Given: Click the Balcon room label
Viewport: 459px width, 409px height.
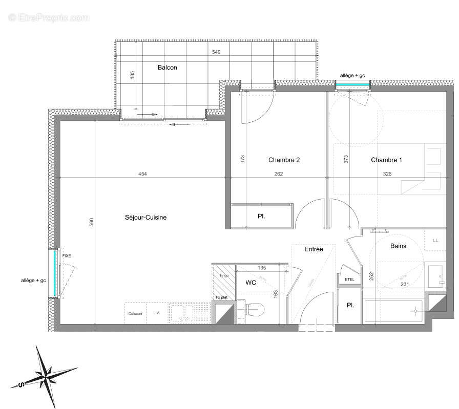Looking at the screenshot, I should coord(168,68).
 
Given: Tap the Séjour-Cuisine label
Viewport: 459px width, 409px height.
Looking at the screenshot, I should coord(145,218).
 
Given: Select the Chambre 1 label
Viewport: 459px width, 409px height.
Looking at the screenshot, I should coord(386,160).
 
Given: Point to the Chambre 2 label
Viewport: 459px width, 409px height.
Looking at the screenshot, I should coord(284,160).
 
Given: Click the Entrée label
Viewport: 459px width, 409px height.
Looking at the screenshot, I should coord(314,249).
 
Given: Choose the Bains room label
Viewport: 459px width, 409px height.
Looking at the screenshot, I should coord(398,246).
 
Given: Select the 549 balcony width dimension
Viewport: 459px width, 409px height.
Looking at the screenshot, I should coord(217,53).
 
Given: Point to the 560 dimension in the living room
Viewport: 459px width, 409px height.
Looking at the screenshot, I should coord(92,222).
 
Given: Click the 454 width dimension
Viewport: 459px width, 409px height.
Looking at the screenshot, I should coord(142,174).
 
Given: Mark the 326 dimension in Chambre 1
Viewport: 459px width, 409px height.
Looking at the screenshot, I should coord(387,174).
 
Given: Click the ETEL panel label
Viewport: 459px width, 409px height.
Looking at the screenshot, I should coord(350,279).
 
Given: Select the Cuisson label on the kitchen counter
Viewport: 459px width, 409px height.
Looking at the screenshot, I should coord(135,313).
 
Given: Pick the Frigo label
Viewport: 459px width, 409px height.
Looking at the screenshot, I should coord(224,275).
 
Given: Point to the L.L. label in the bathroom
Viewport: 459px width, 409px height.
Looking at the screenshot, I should coord(436,240).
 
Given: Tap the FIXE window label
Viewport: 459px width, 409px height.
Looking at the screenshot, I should coord(67,255).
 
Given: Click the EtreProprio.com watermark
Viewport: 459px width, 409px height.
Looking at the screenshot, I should coord(49,17).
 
